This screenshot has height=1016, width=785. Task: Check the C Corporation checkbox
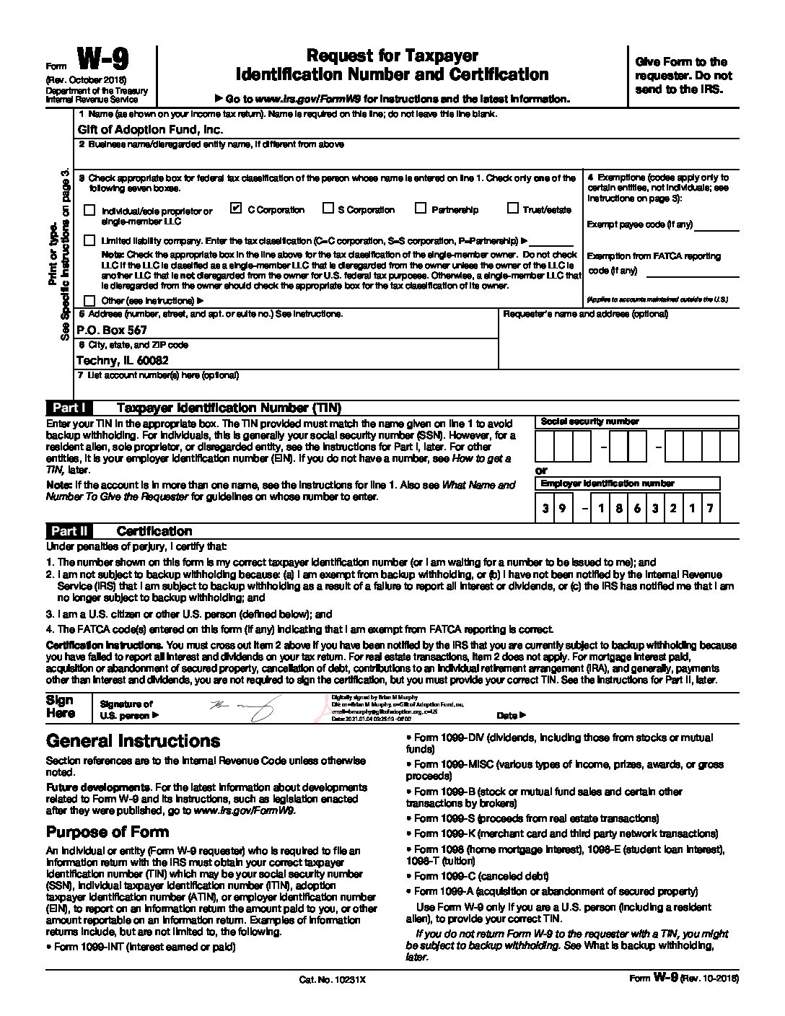click(234, 209)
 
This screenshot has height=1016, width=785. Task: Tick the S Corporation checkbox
click(328, 209)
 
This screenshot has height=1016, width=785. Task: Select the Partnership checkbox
click(421, 209)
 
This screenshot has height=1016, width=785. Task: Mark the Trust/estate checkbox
click(512, 209)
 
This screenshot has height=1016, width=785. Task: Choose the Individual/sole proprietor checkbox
click(89, 211)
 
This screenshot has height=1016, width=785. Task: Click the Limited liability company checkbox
click(89, 240)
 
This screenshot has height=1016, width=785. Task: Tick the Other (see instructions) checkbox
click(89, 300)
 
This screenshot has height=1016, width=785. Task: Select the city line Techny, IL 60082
click(122, 360)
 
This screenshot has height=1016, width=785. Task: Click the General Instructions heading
click(133, 741)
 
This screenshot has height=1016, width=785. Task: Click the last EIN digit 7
click(710, 509)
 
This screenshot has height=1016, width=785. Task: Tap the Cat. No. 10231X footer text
click(333, 980)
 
